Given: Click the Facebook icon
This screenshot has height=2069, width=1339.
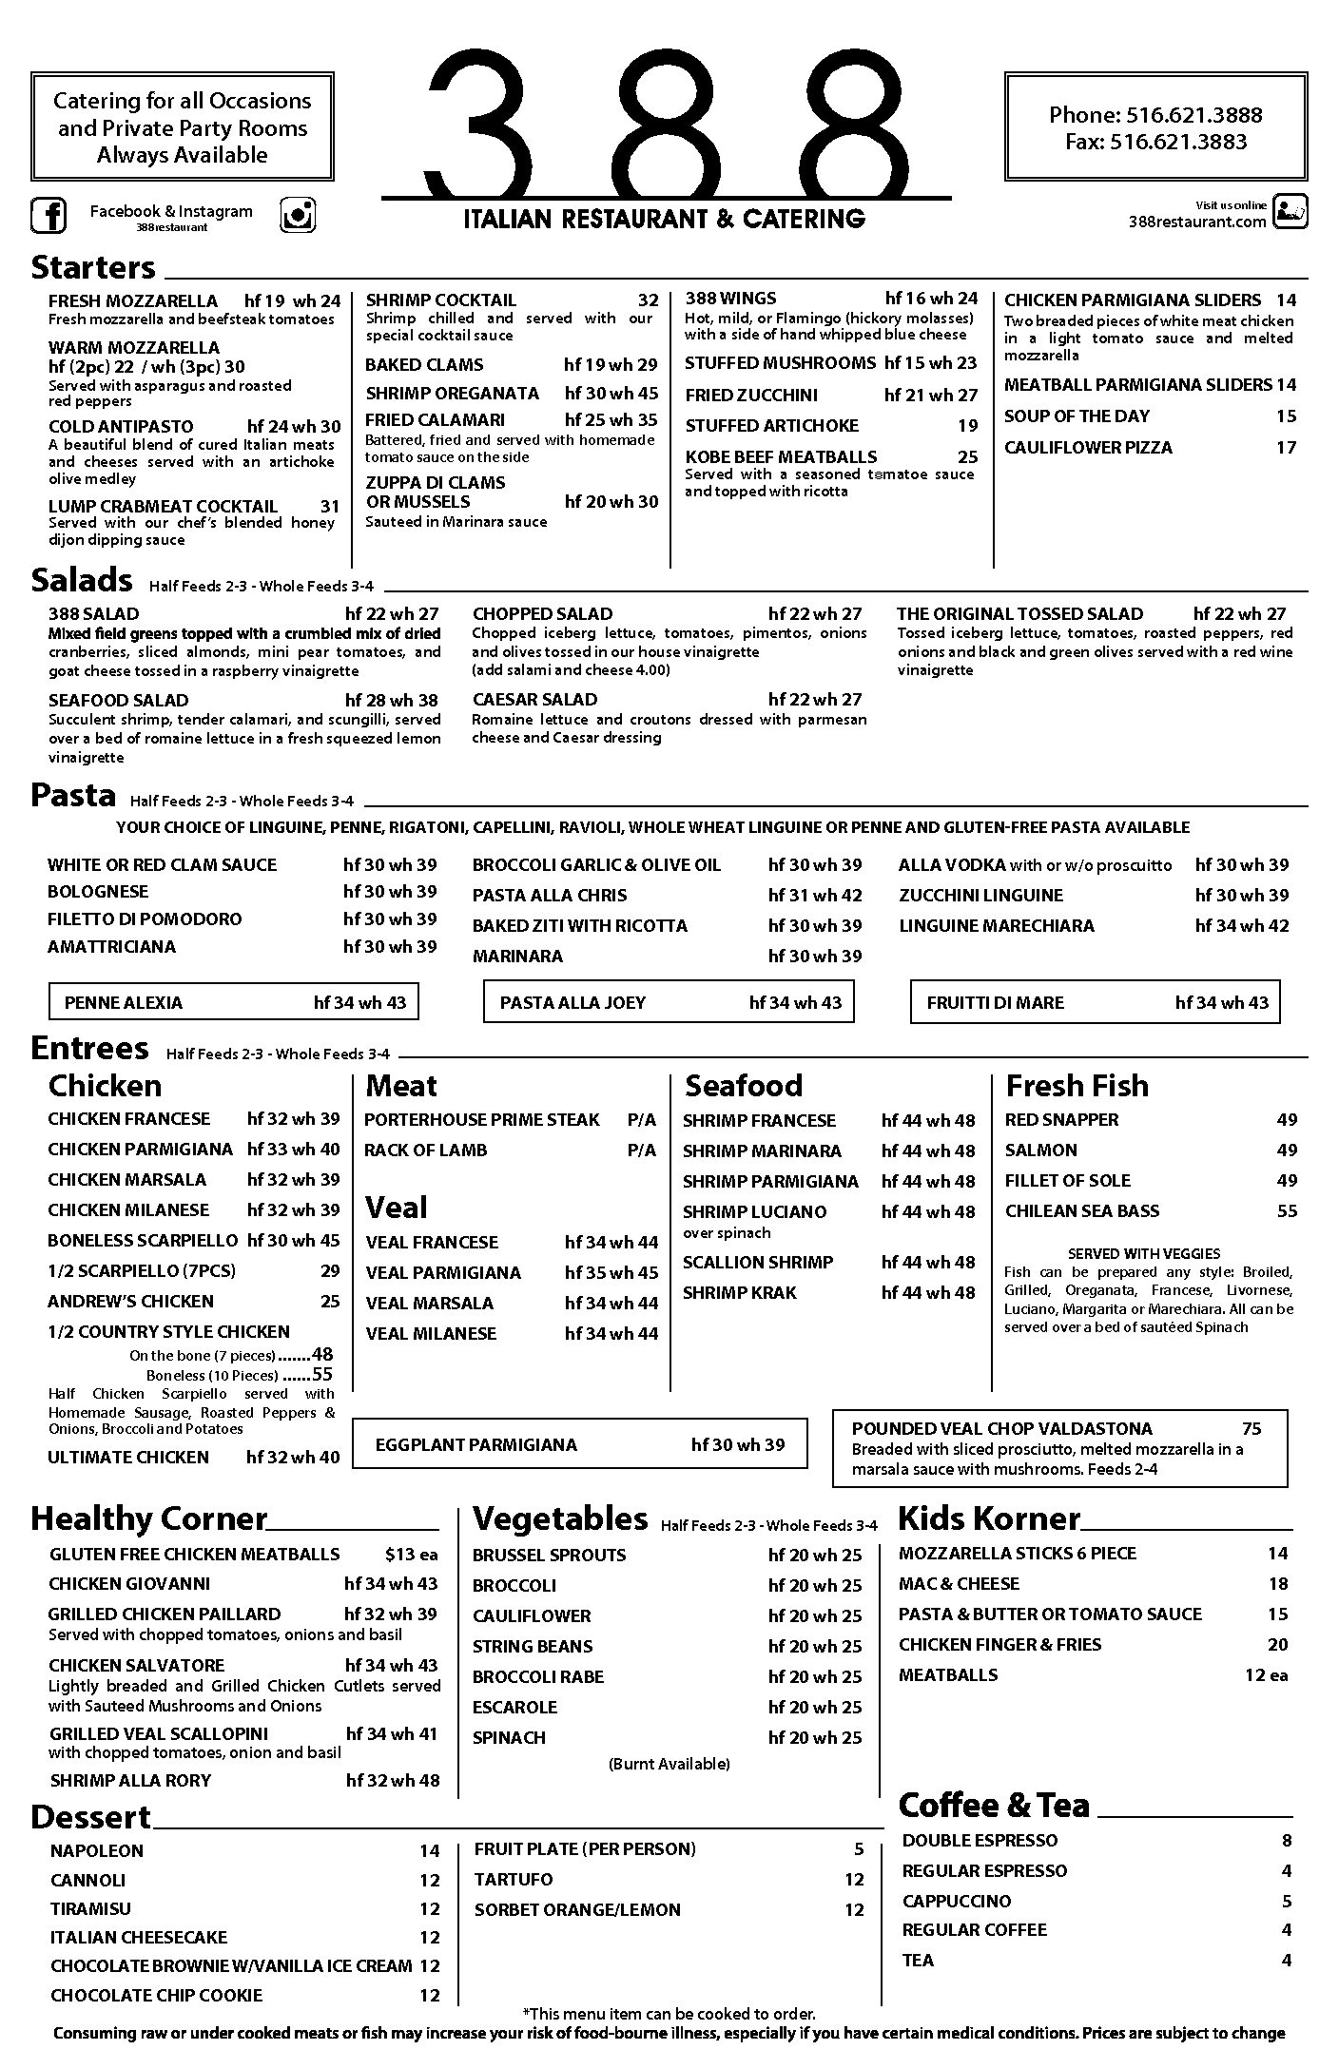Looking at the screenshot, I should [x=49, y=215].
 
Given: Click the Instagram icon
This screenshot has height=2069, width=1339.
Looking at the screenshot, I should [x=298, y=215].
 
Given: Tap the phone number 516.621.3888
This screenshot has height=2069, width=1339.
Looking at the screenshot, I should [x=1193, y=115].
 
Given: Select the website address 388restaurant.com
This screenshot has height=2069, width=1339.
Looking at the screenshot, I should [x=1196, y=222].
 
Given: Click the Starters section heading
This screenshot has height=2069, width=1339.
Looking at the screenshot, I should [x=93, y=267].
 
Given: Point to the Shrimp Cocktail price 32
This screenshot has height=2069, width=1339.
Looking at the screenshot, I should [x=648, y=300].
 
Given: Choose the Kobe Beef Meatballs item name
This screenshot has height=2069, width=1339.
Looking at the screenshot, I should [x=781, y=456].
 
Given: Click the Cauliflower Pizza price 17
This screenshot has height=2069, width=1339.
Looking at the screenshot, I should [x=1286, y=447].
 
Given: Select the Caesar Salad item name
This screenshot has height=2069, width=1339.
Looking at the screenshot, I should [x=534, y=699].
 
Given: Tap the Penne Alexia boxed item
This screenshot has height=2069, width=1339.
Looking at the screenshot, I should [x=234, y=1002].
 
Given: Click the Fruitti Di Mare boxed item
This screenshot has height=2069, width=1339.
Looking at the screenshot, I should [x=1096, y=1002].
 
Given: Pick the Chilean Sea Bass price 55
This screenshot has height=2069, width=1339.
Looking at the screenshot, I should [x=1287, y=1210].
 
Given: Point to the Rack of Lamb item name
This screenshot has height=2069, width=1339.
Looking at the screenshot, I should [x=425, y=1150].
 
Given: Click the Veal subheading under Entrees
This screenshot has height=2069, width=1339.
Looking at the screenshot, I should [x=397, y=1208].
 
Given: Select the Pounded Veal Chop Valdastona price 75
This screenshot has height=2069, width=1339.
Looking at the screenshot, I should [x=1251, y=1428].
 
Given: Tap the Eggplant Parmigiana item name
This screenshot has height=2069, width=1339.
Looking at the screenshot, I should [x=475, y=1444].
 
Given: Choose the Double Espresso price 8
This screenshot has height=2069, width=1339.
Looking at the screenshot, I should [x=1287, y=1840].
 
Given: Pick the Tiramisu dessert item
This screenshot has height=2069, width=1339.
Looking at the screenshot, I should [x=90, y=1908].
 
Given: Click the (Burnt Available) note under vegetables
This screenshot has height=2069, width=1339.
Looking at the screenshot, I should [x=669, y=1764].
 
